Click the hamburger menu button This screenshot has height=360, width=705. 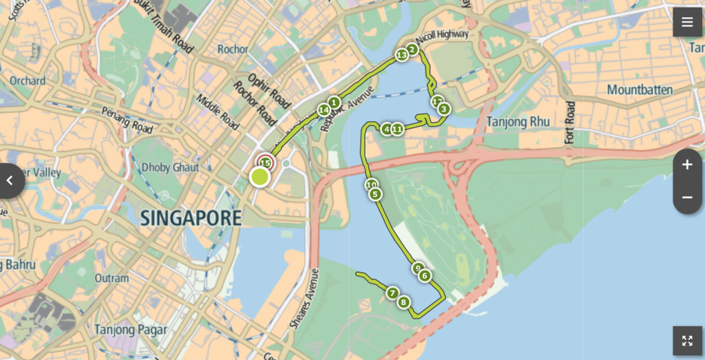(687, 22)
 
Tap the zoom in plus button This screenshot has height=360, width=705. (687, 165)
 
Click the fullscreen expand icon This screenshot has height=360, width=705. (687, 341)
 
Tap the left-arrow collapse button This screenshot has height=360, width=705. (10, 181)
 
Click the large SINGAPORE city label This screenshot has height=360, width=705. (191, 219)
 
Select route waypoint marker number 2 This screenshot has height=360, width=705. (412, 49)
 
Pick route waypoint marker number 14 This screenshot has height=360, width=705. (324, 109)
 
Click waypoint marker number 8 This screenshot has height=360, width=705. (403, 302)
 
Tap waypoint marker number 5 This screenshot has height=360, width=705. (375, 194)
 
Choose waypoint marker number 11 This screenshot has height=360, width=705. (397, 129)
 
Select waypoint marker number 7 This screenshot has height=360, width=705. (392, 293)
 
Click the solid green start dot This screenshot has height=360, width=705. (260, 178)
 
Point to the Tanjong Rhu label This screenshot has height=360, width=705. (518, 122)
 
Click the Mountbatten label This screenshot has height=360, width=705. (639, 89)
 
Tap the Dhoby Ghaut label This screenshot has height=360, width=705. (169, 167)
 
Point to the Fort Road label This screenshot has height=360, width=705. (569, 123)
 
